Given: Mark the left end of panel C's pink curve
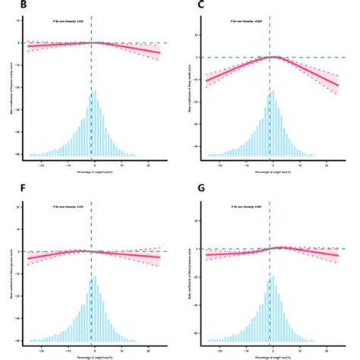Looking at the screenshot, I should point(206,81).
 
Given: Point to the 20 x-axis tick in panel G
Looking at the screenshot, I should point(325,348).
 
